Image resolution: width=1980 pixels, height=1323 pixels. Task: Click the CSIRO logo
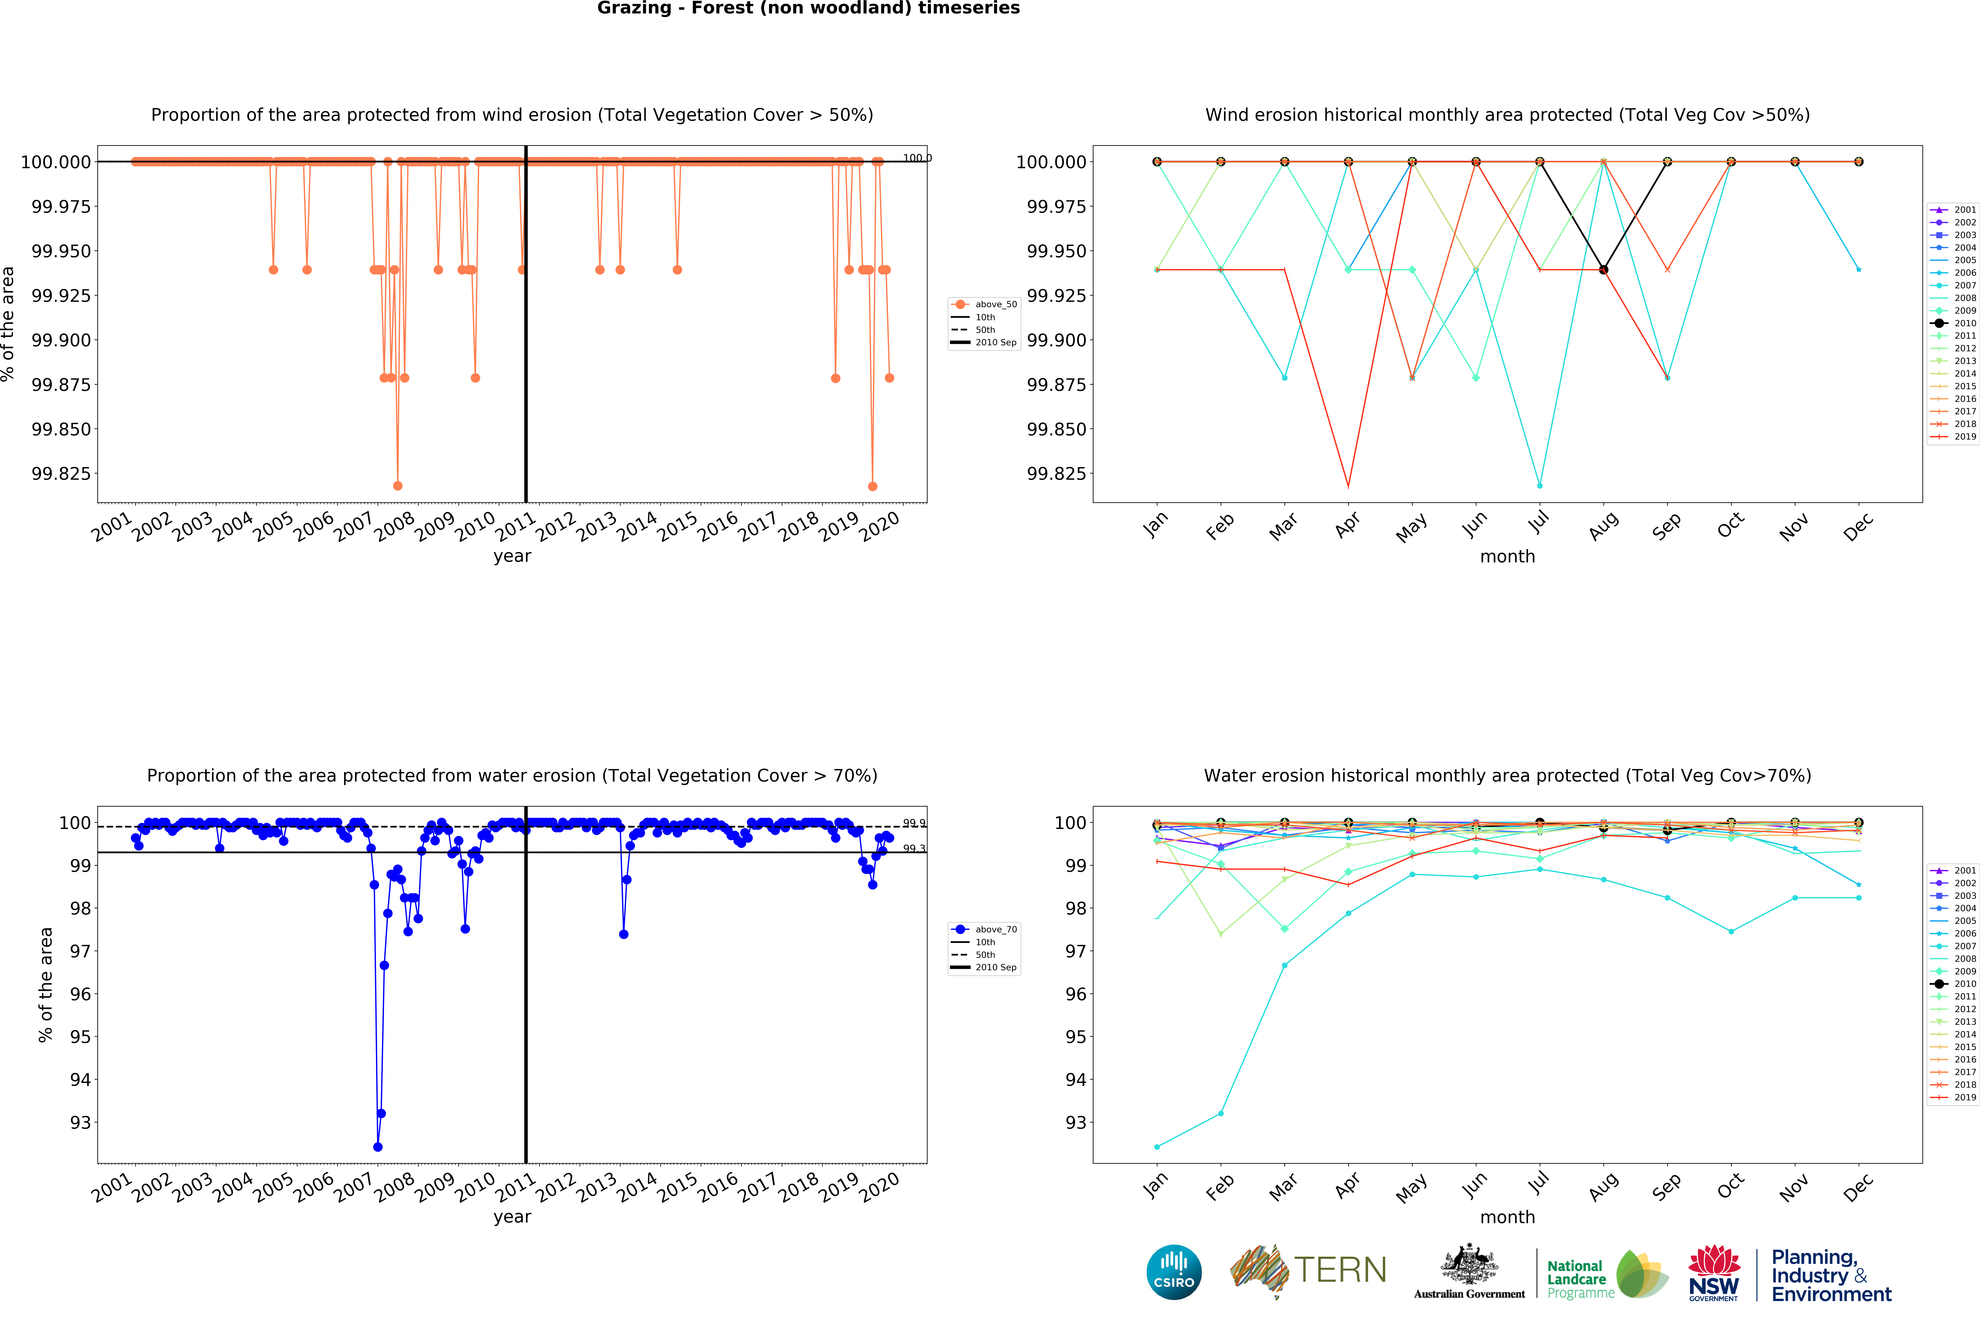[x=1173, y=1272]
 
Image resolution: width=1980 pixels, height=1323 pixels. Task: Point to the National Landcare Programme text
[x=1580, y=1279]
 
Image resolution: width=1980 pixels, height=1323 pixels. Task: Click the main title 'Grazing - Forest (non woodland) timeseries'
[x=808, y=8]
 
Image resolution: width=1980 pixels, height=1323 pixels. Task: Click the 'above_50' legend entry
[x=984, y=304]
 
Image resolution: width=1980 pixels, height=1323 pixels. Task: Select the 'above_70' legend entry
[x=984, y=930]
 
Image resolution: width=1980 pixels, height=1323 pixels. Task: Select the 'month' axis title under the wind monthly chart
[x=1508, y=557]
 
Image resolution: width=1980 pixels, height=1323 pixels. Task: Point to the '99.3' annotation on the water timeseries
[x=914, y=849]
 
